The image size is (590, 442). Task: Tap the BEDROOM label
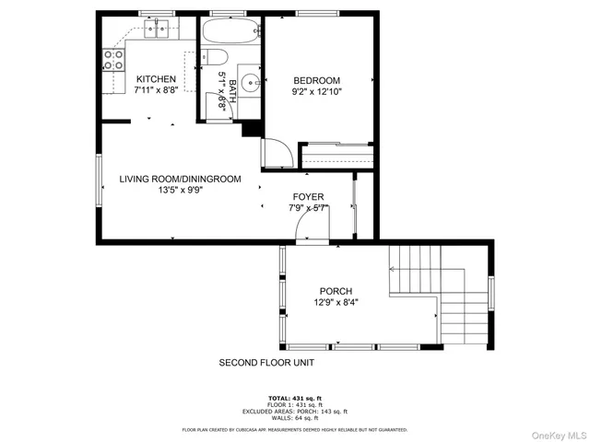tap(317, 80)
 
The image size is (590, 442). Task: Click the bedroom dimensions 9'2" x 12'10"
tap(317, 92)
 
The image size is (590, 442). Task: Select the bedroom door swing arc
tap(278, 152)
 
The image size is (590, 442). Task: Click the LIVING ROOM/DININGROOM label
tap(180, 179)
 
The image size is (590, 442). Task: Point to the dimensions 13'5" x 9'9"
tap(180, 191)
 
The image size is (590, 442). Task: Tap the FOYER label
tap(308, 197)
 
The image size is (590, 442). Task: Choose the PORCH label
tap(336, 291)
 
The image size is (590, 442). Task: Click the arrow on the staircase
tap(393, 269)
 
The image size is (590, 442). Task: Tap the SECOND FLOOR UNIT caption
tap(266, 363)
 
